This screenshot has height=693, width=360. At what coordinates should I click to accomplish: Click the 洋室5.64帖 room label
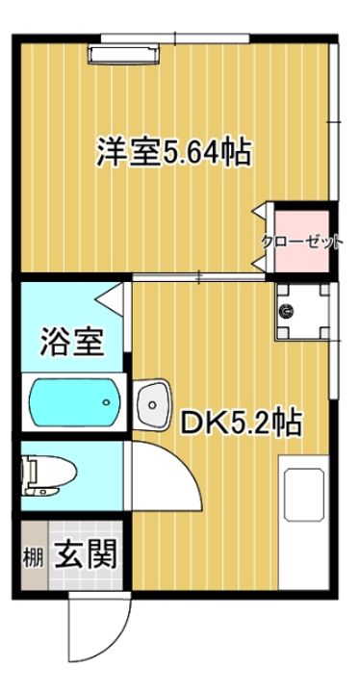173,152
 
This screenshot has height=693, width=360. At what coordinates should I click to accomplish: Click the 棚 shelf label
32,555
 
